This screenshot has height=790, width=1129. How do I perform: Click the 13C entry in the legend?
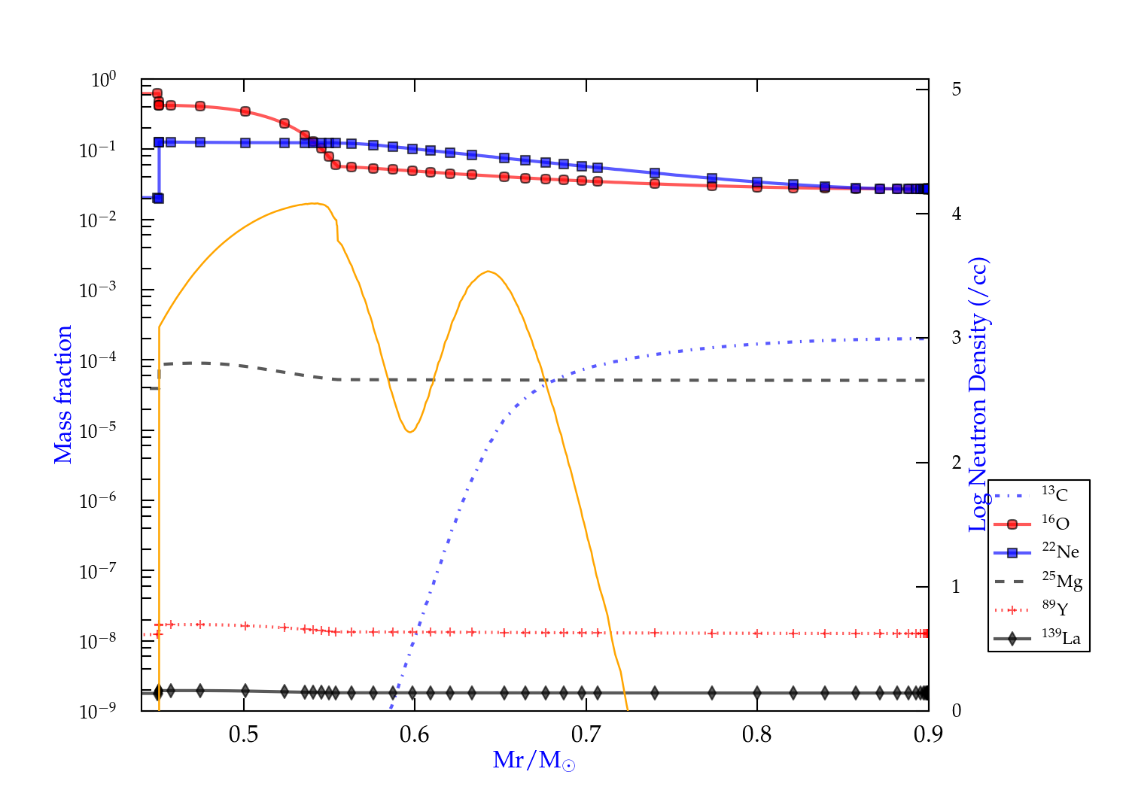tap(1054, 494)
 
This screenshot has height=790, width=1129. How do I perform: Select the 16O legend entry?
tap(1055, 523)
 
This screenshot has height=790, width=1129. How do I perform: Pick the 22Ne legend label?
tap(1061, 551)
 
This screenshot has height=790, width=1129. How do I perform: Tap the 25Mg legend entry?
tap(1062, 581)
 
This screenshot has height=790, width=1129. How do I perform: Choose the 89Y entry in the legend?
tap(1055, 609)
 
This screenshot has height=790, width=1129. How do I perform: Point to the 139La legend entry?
tap(1061, 638)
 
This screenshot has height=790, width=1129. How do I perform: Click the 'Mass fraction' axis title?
tap(63, 394)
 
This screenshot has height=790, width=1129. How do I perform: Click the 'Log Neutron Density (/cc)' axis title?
tap(978, 394)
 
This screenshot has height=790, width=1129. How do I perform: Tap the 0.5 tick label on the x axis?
tap(244, 734)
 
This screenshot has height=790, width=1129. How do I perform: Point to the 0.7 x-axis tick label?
tap(586, 734)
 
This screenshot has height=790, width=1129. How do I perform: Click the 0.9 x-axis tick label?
tap(928, 734)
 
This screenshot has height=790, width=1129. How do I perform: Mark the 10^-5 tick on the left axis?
tap(98, 430)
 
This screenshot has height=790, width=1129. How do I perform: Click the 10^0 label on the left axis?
tap(104, 80)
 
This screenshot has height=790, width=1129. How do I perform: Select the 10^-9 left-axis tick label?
tap(98, 711)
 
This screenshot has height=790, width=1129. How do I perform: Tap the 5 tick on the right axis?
tap(956, 90)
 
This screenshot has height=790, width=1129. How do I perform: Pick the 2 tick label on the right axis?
tap(956, 462)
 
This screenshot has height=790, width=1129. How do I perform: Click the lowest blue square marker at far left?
tap(158, 198)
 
